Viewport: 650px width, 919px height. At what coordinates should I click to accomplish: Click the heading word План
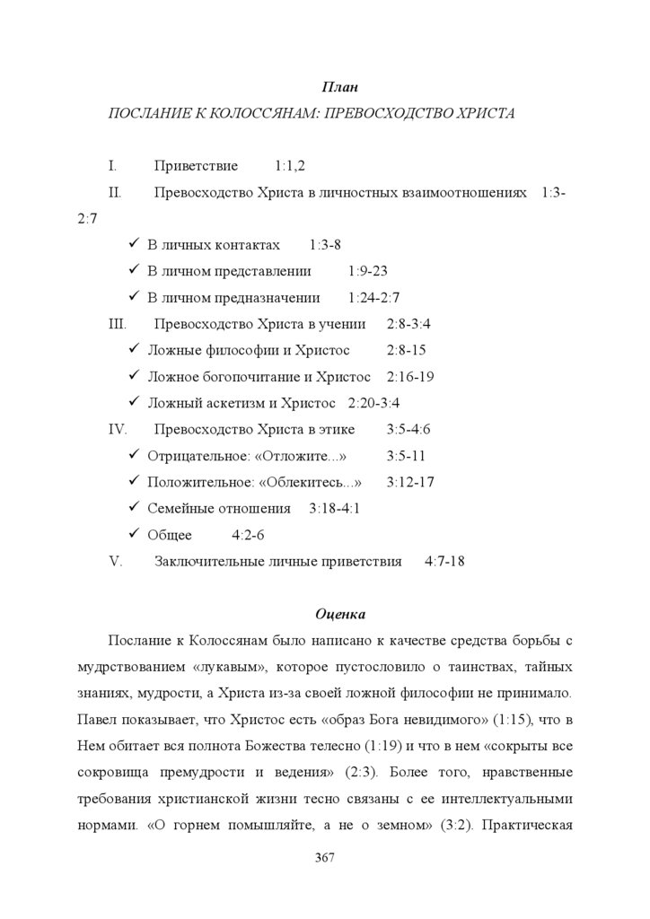point(339,87)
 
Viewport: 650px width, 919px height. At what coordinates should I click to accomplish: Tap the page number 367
point(325,859)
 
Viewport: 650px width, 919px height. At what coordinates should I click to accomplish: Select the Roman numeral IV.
point(118,429)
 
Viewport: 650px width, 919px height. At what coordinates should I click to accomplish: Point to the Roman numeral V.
point(114,562)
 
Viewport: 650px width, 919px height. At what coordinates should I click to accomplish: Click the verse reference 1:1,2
point(291,166)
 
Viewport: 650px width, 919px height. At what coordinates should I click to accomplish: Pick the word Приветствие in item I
point(196,166)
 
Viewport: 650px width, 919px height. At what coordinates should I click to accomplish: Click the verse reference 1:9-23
point(367,271)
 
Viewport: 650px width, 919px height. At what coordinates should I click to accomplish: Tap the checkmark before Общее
point(133,535)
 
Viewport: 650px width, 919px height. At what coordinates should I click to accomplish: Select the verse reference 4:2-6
point(248,536)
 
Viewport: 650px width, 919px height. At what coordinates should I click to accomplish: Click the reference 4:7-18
point(444,562)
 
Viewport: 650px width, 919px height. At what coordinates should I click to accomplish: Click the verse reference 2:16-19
point(411,377)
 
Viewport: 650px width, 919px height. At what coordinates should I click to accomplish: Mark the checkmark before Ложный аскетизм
point(133,403)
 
